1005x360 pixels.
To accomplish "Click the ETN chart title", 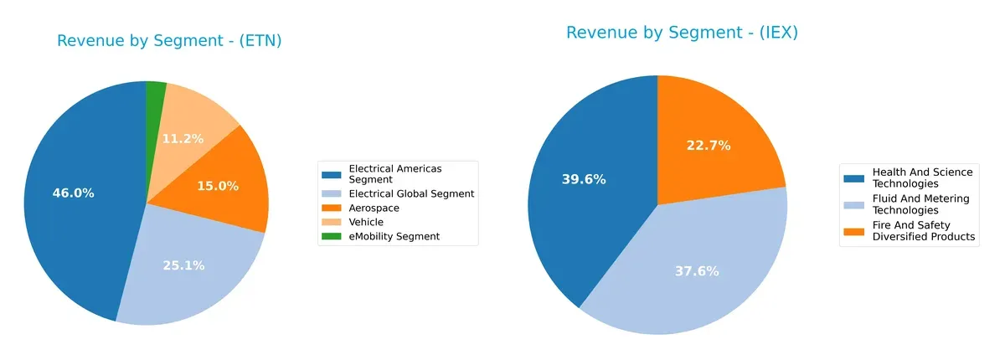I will click(169, 41).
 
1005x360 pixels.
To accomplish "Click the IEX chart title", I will click(682, 33).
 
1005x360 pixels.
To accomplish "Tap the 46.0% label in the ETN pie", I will click(73, 193).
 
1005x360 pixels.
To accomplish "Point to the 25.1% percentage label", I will click(183, 265).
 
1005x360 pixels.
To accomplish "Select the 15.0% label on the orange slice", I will click(218, 186).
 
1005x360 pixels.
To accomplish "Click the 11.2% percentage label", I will click(183, 139).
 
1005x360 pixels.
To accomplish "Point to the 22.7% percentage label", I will click(709, 146).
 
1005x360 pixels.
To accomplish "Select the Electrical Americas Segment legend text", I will click(395, 174).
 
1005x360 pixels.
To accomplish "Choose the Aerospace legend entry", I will click(374, 208).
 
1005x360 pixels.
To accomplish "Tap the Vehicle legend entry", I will click(366, 222).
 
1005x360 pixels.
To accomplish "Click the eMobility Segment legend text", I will click(394, 237).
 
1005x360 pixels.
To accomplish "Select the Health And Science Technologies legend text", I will click(922, 177).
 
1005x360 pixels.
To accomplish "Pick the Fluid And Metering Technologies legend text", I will click(920, 204).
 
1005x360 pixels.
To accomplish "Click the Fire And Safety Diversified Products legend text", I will click(924, 231).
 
